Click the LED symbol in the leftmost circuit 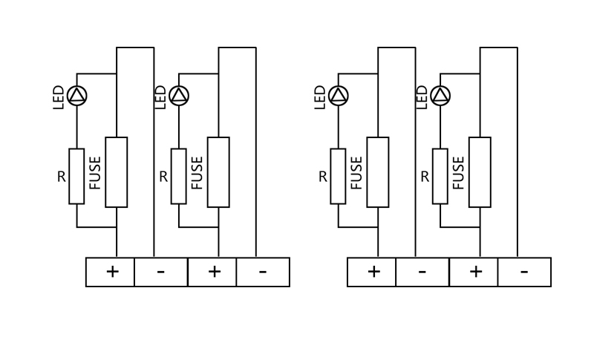(x=77, y=96)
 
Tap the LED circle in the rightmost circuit (x=440, y=96)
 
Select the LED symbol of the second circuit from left (x=179, y=96)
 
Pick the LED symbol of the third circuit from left (x=339, y=96)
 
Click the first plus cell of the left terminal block (x=110, y=272)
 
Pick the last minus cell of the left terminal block (x=263, y=272)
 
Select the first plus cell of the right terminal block (x=372, y=272)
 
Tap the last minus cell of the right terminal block (x=524, y=272)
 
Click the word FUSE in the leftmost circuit (x=95, y=173)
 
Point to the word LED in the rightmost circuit (x=422, y=97)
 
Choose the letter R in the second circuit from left (x=163, y=177)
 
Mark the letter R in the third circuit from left (x=323, y=177)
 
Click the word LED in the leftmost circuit (x=59, y=97)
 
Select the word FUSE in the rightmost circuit (x=459, y=173)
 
